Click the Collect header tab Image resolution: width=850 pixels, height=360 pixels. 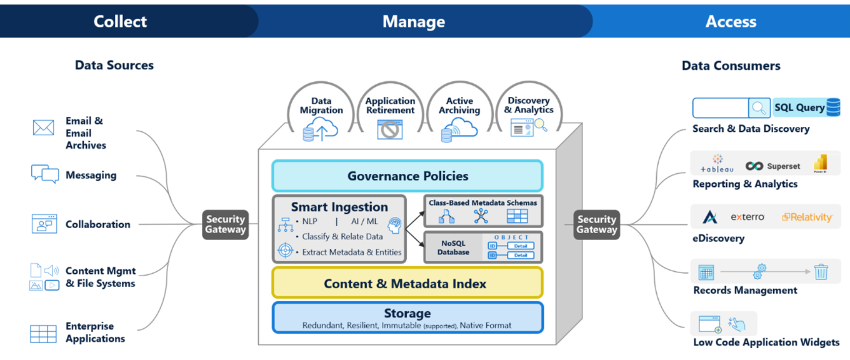120,21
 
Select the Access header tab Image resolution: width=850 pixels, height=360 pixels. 731,21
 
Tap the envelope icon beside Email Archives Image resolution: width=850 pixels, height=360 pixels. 43,128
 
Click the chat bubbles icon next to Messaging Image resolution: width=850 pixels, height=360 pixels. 44,174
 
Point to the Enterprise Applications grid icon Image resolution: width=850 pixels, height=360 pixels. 43,334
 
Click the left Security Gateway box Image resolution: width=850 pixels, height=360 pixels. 226,224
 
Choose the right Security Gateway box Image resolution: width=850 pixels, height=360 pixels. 597,224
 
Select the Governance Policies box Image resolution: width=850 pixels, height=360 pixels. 407,176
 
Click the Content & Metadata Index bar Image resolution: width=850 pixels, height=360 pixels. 407,283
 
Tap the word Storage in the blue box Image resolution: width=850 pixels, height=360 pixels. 407,313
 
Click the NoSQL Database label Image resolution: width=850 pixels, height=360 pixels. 453,247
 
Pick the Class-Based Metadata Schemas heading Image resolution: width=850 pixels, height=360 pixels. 482,203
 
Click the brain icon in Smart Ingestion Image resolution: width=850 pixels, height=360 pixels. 394,225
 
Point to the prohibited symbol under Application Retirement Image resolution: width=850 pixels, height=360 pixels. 390,130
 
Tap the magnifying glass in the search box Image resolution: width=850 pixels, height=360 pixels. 759,108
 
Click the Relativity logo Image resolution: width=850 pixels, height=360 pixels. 807,217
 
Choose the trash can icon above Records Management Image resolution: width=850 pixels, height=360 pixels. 821,272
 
